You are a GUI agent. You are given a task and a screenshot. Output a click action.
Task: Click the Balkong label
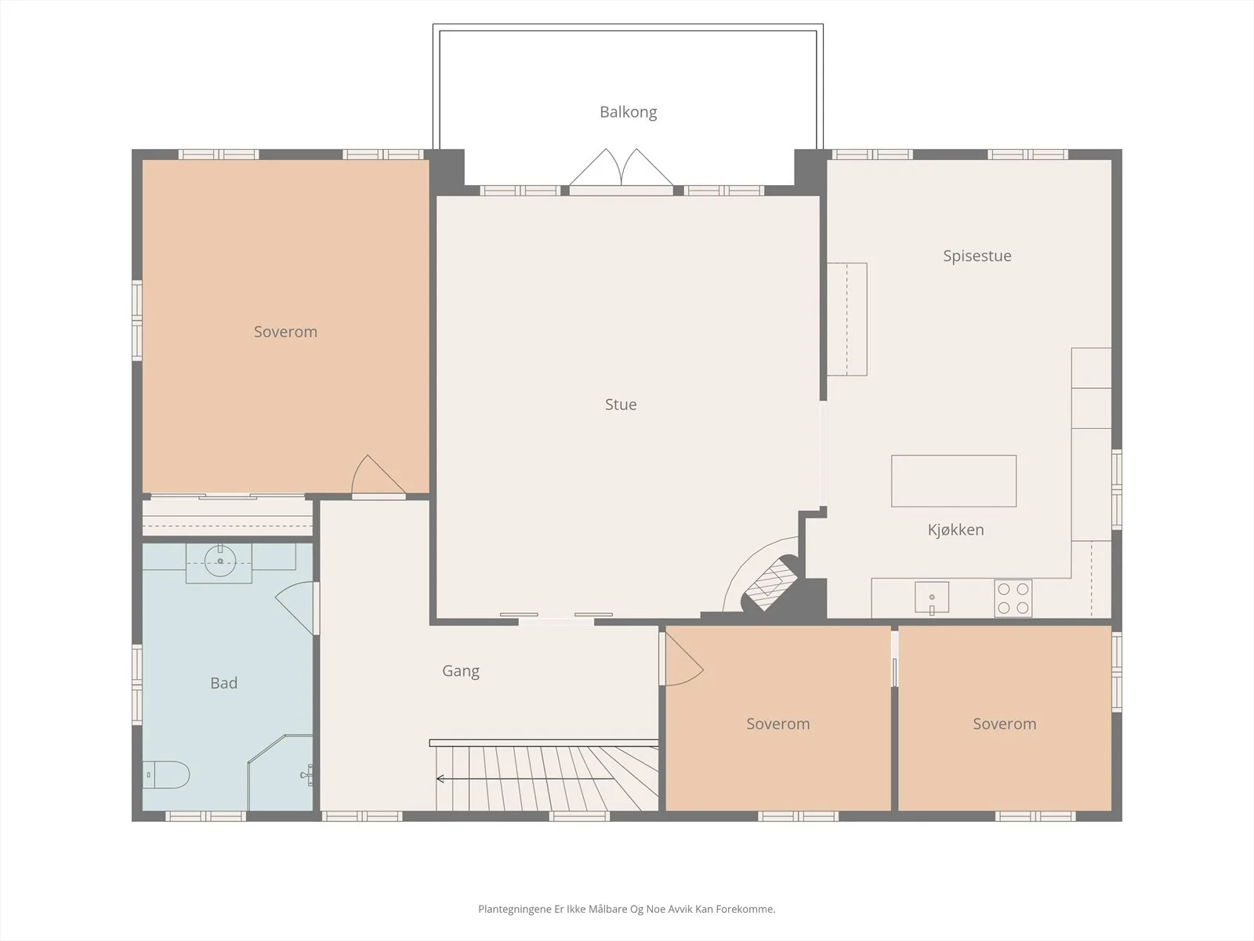[628, 112]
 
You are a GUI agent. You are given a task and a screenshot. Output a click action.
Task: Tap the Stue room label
[621, 405]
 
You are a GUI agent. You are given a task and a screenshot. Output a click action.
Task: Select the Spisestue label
[977, 256]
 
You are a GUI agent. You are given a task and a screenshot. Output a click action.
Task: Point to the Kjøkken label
[955, 529]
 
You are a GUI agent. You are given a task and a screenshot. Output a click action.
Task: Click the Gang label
[461, 670]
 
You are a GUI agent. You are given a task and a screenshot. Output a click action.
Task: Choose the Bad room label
[223, 683]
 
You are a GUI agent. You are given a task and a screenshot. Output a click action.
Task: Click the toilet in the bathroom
[165, 775]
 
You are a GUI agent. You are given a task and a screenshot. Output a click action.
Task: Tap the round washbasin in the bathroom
[220, 561]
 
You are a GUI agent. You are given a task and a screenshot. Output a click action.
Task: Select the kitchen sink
[932, 598]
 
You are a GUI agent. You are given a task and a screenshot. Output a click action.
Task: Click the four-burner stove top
[1013, 598]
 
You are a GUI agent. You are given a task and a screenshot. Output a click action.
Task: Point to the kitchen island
[954, 481]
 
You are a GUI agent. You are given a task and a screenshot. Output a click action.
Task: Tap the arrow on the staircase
[526, 778]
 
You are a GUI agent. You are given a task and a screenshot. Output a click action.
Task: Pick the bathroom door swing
[295, 608]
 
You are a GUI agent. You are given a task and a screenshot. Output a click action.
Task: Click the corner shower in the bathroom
[281, 772]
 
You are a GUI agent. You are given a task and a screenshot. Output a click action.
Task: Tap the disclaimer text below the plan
[627, 909]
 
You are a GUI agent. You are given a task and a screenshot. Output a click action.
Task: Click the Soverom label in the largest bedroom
[285, 332]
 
